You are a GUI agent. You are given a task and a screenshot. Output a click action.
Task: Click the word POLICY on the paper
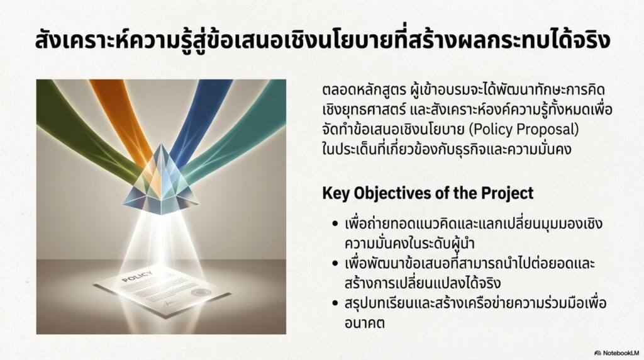point(137,276)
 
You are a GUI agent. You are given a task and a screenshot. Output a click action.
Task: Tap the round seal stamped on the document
point(201,293)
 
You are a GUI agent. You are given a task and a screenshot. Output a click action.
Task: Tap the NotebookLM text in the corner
point(621,353)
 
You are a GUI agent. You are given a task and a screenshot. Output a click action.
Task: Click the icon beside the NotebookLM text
point(597,353)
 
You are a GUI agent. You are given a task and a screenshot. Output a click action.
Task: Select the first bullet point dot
point(336,224)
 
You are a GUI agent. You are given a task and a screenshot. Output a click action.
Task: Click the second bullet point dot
point(336,264)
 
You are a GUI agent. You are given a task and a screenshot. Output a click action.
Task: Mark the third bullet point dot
point(336,303)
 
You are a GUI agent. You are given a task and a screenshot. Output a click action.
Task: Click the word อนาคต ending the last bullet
point(365,323)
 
